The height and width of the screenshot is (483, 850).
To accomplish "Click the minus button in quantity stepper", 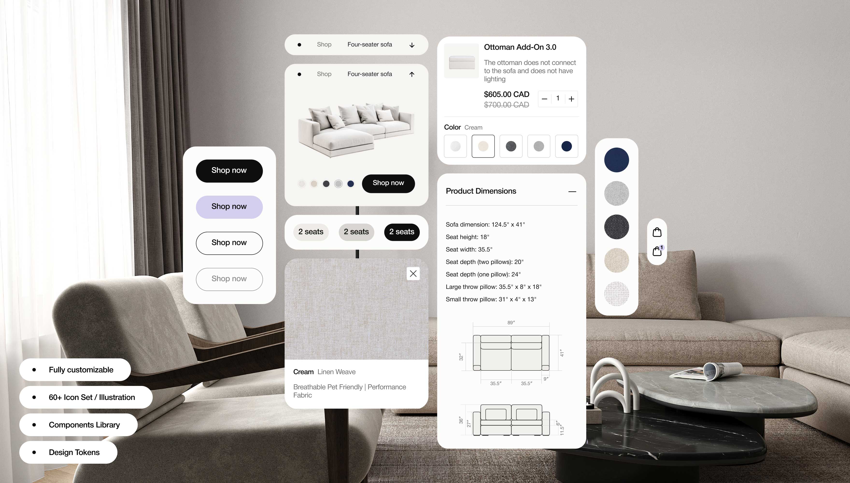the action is coord(544,99).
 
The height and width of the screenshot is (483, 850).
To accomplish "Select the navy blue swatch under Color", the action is coord(567,146).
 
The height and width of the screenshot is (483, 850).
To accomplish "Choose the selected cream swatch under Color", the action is coord(483,146).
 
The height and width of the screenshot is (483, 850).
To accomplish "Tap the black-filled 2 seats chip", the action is coord(402,232).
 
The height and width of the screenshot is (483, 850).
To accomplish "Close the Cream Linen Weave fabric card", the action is coord(413,274).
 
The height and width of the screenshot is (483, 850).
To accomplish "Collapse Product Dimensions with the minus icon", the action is coord(572,192).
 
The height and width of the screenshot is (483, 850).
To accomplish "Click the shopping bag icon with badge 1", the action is coord(658,251).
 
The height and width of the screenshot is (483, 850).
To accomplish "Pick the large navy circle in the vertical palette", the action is coord(616,160).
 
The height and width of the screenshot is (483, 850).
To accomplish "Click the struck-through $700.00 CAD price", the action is coord(506,105).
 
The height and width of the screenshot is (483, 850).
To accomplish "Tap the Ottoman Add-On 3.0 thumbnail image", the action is coord(461,61).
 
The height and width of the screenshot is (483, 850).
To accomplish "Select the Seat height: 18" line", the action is coord(467,237).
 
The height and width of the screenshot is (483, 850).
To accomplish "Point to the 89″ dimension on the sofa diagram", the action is coord(511,322).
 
